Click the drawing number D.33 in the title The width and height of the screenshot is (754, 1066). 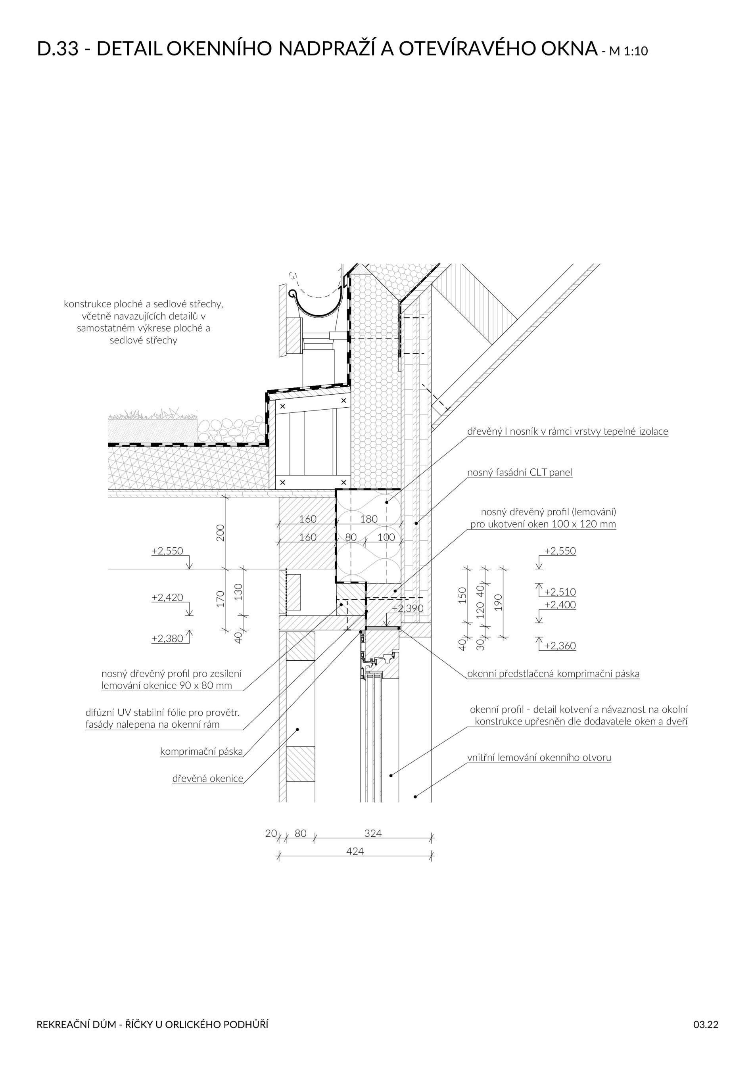(58, 49)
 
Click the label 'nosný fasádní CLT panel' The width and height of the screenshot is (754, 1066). (520, 473)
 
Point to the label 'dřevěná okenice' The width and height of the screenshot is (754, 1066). (207, 778)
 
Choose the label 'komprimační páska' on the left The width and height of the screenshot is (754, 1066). (201, 752)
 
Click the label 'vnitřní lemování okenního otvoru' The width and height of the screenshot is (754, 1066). (539, 758)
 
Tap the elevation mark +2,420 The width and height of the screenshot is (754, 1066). (167, 598)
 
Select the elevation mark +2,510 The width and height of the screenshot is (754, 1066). (560, 592)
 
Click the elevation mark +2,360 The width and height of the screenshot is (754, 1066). (560, 646)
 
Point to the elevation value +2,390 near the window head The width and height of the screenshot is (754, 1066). (407, 609)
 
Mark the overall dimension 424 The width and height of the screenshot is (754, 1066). (355, 851)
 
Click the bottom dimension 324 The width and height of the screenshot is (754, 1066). (373, 833)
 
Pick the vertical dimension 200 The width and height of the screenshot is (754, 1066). (221, 533)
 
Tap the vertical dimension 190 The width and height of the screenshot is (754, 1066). (499, 602)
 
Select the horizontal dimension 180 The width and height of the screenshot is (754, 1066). (369, 519)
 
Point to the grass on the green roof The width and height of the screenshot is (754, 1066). (153, 413)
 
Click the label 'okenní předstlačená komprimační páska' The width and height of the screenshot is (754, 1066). (553, 674)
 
